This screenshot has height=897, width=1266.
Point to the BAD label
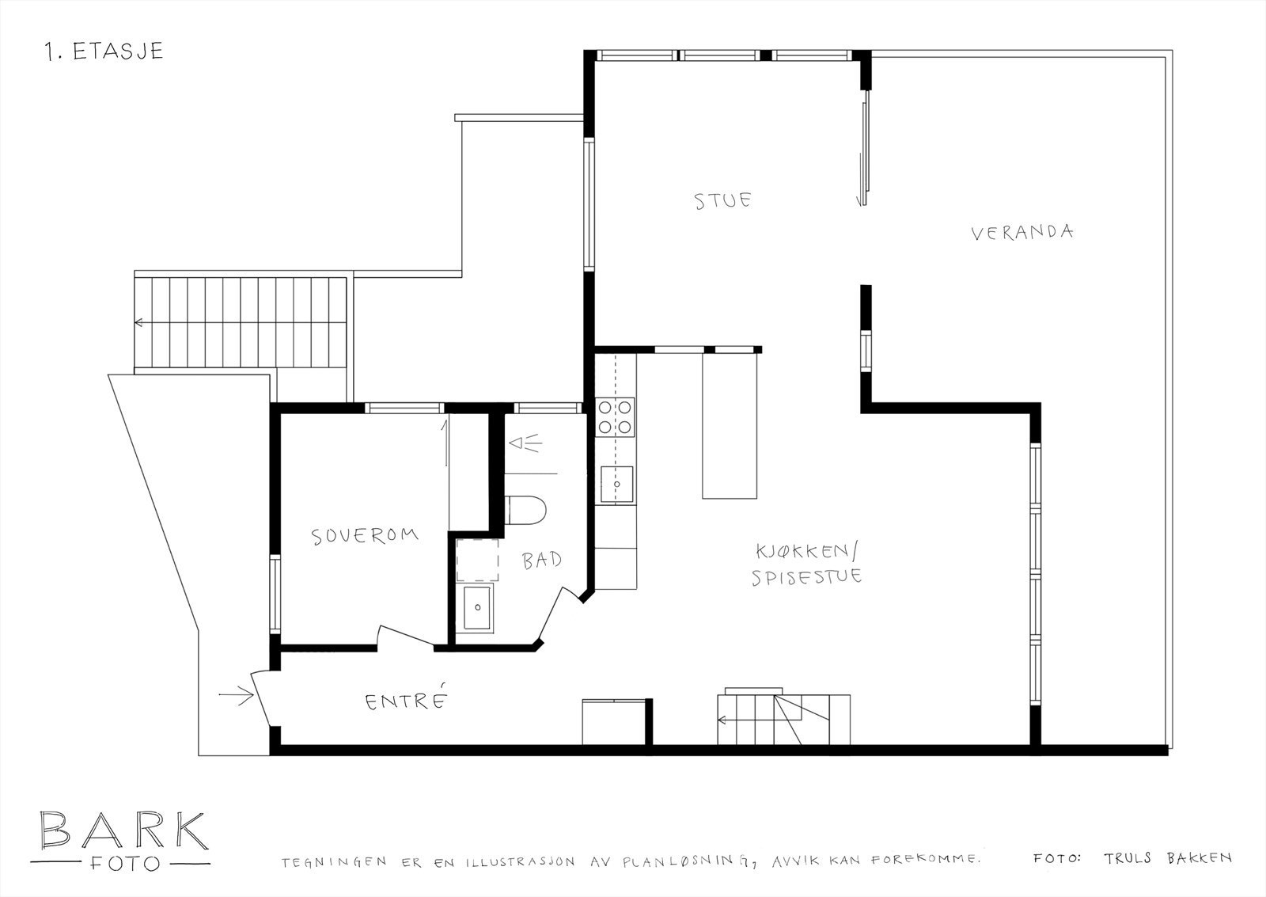click(542, 561)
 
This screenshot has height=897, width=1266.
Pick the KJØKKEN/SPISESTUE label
click(807, 563)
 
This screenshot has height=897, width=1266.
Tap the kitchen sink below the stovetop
click(616, 485)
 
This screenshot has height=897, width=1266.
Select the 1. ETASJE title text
click(104, 51)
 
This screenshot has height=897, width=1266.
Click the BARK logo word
click(123, 830)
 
